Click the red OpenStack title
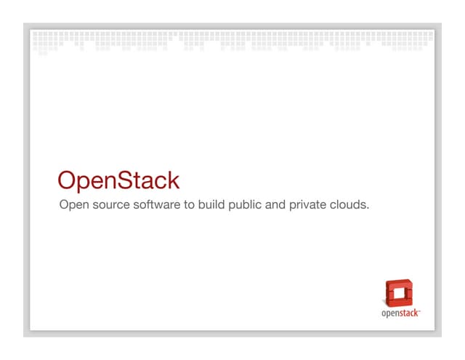tap(118, 181)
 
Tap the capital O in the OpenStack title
tap(68, 180)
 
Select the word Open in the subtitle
tap(73, 206)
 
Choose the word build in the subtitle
tap(211, 205)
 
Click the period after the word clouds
tap(368, 209)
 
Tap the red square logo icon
tap(398, 292)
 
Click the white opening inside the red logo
tap(398, 295)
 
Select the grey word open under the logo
tap(390, 314)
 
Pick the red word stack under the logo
tap(408, 313)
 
